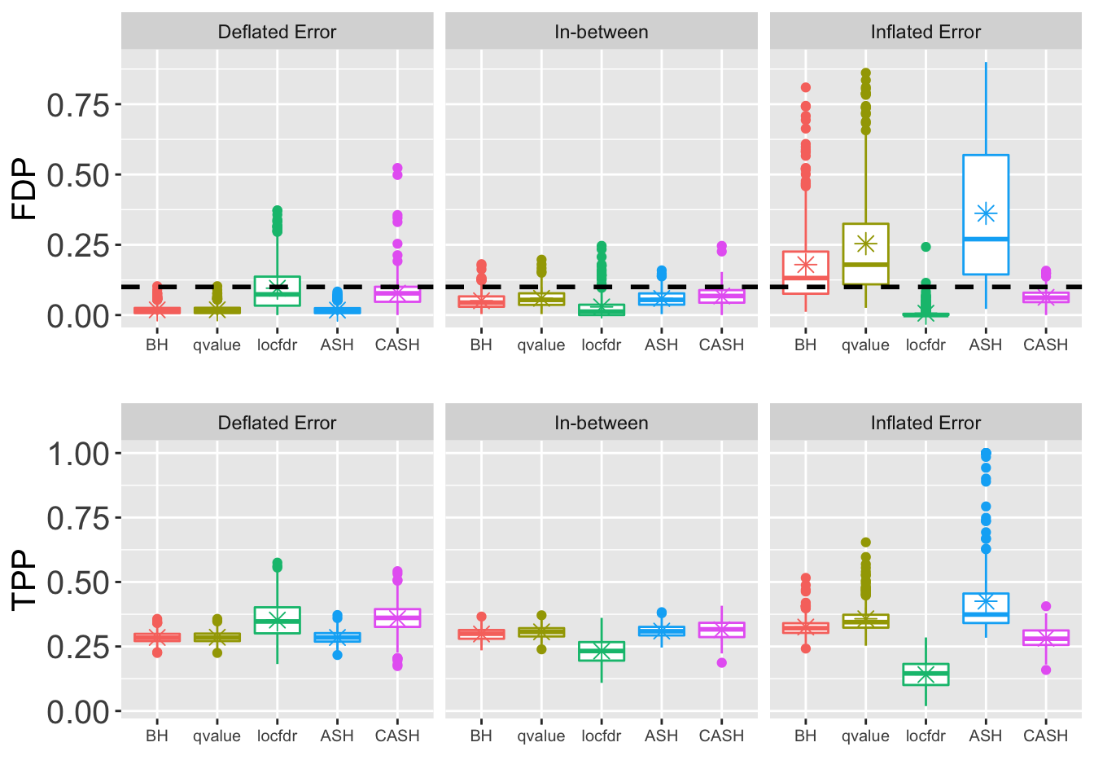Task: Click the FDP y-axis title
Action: click(24, 189)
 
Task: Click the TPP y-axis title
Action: click(24, 580)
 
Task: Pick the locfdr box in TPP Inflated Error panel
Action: click(926, 674)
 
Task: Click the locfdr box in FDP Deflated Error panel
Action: click(277, 291)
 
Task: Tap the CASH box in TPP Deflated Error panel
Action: click(397, 617)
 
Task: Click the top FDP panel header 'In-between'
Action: click(602, 33)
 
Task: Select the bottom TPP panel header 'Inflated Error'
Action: click(926, 424)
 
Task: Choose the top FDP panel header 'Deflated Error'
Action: click(277, 33)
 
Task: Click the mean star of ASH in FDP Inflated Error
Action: click(986, 214)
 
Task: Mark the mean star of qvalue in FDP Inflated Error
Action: click(865, 244)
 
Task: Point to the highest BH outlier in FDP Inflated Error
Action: click(805, 87)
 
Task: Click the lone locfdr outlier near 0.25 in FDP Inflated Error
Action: click(926, 247)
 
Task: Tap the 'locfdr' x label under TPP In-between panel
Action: click(602, 736)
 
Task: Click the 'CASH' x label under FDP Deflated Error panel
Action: click(397, 345)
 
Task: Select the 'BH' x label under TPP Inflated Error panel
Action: click(805, 736)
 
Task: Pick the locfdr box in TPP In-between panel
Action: click(602, 651)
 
